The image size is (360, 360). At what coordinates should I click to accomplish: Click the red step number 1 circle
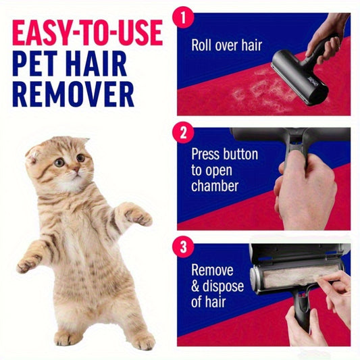[x=183, y=18]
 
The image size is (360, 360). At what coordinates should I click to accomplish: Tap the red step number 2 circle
[x=183, y=132]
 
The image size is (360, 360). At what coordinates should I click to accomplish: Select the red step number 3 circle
[x=183, y=247]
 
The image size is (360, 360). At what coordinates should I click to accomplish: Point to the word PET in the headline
[x=35, y=63]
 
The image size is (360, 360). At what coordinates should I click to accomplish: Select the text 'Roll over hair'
[x=227, y=45]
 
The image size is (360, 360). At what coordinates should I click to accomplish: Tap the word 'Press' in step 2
[x=205, y=153]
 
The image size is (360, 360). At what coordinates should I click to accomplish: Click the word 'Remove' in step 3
[x=212, y=269]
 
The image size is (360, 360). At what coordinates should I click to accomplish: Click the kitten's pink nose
[x=76, y=170]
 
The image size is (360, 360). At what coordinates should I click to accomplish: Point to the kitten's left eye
[x=59, y=163]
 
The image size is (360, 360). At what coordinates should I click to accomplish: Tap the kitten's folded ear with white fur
[x=33, y=154]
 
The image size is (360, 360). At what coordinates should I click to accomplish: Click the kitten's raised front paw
[x=139, y=217]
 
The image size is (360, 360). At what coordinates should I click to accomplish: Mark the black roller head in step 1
[x=300, y=77]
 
